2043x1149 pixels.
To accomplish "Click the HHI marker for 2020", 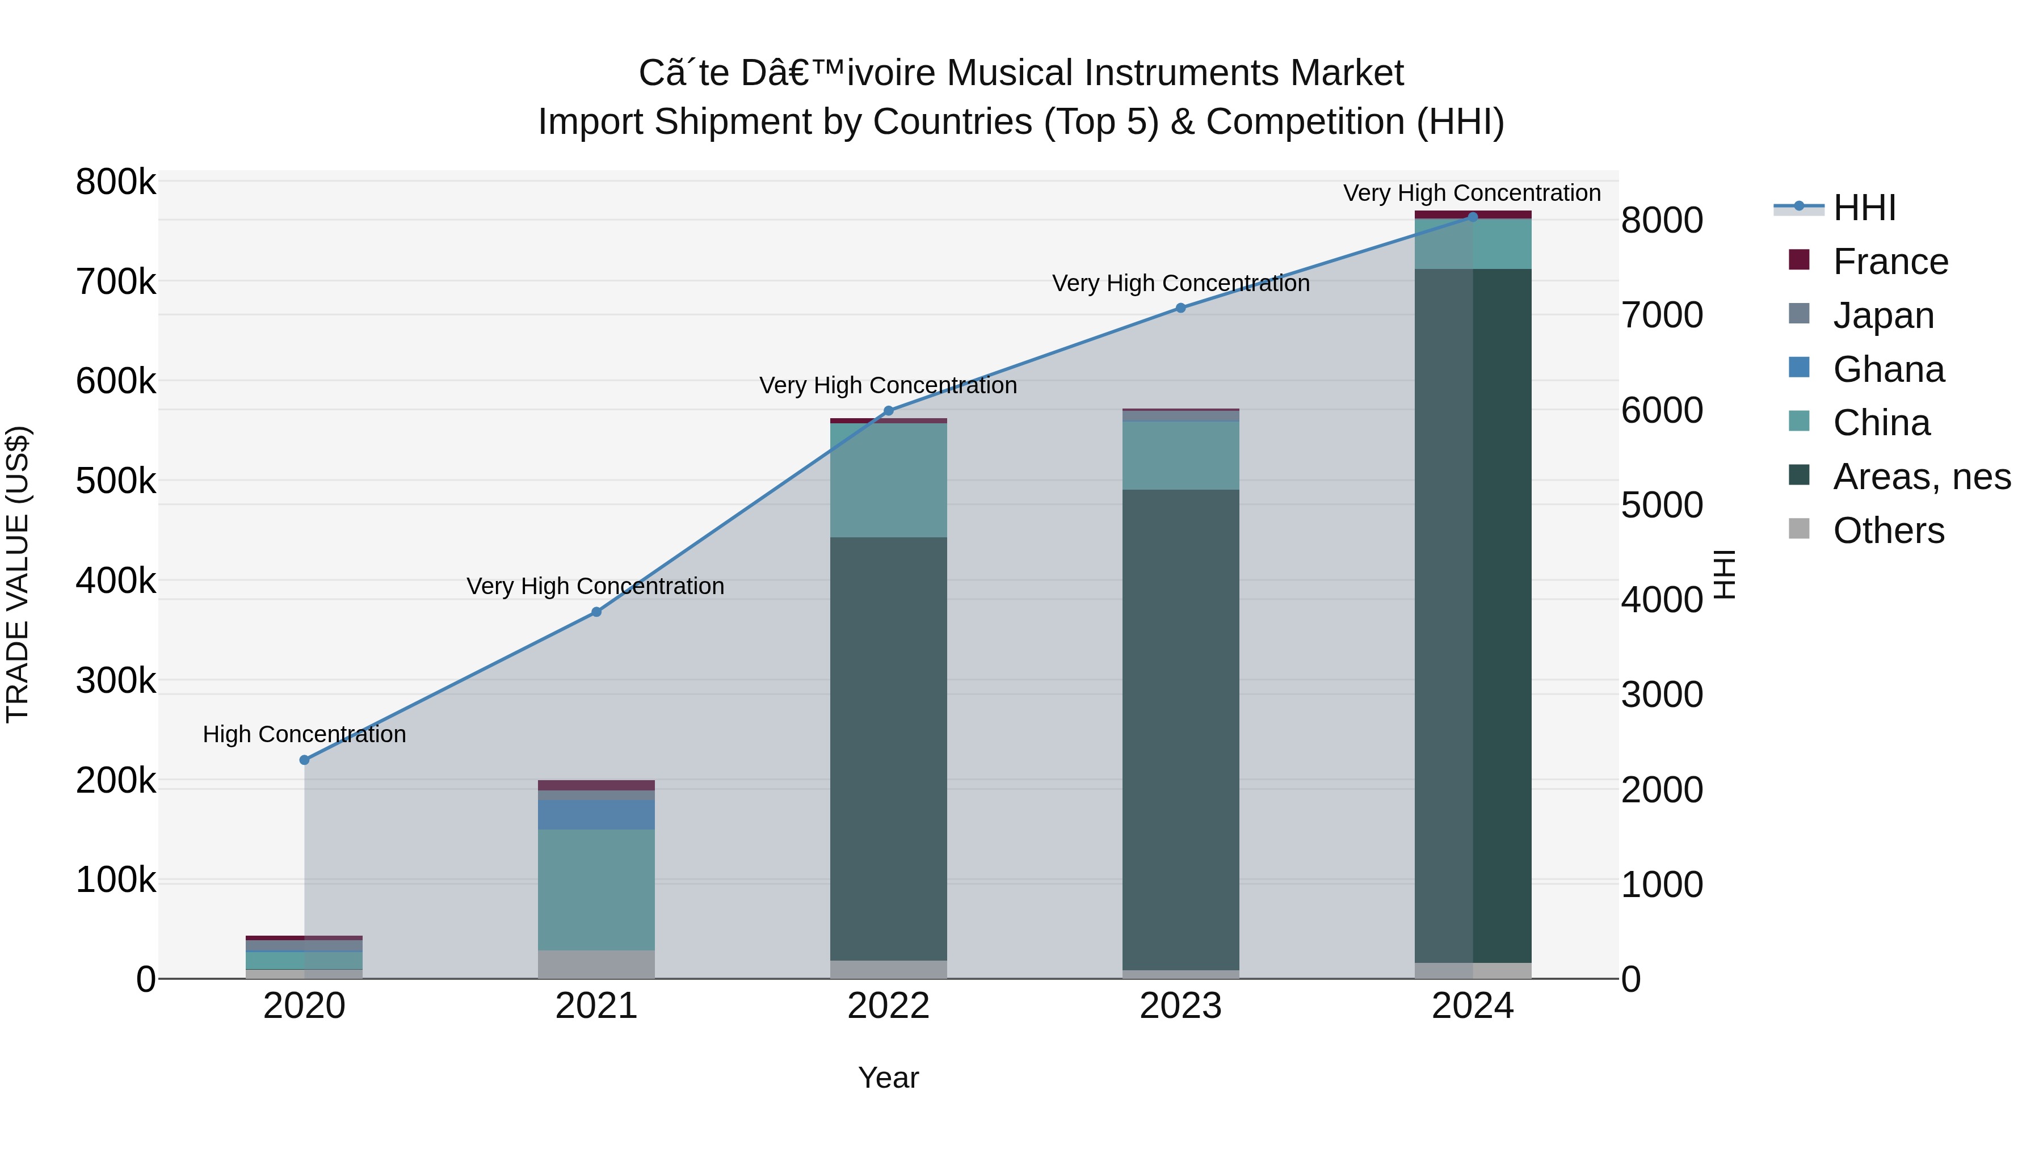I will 305,760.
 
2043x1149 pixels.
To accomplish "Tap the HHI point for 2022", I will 888,411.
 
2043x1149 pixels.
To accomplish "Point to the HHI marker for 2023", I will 1180,308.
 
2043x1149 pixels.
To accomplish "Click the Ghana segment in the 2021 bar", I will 596,814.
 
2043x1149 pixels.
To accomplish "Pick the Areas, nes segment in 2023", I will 1180,730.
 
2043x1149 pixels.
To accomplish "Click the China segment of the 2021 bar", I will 596,889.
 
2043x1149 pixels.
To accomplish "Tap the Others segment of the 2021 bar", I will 596,963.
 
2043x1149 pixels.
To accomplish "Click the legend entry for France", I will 1890,262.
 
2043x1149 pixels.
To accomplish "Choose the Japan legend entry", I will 1883,315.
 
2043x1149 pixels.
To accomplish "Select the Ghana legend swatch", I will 1800,368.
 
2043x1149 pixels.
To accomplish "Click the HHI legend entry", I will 1864,208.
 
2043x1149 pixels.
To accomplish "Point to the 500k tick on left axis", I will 116,481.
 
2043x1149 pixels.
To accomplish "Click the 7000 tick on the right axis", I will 1662,315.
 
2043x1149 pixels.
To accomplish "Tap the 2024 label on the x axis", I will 1472,1006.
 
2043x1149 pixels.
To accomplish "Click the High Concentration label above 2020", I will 305,734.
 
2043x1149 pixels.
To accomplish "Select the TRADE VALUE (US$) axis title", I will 18,574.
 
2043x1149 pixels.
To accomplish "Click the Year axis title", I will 888,1078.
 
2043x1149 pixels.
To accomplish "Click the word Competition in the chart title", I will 1305,122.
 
